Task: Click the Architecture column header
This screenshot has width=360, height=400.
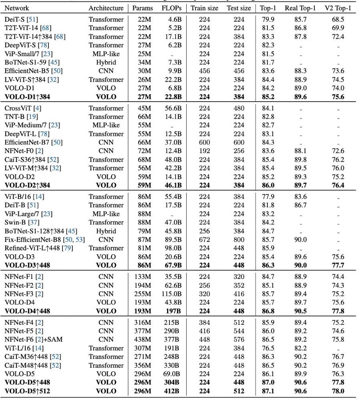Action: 106,8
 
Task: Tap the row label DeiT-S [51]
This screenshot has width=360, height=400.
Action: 21,19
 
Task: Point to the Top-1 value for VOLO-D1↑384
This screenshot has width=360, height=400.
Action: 267,97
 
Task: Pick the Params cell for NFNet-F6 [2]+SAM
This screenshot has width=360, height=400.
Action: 143,340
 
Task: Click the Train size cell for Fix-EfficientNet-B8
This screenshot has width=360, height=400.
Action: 205,239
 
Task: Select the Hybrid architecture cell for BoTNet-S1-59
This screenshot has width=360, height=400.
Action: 106,62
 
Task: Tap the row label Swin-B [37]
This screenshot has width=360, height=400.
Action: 19,222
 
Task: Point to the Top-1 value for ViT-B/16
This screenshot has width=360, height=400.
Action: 267,196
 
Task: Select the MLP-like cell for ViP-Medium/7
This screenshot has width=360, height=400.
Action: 106,125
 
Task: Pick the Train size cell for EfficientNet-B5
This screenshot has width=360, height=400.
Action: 205,71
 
